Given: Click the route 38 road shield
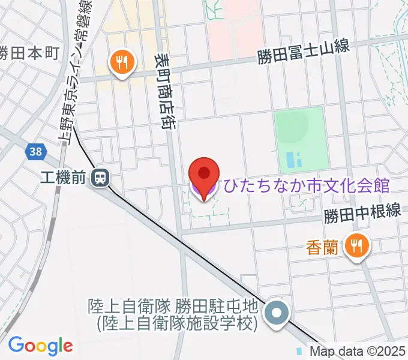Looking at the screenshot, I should pyautogui.click(x=35, y=152).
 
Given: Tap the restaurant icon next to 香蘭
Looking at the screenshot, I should pyautogui.click(x=358, y=245).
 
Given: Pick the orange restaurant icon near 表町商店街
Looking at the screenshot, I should pyautogui.click(x=122, y=62).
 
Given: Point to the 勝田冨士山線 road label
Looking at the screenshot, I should pyautogui.click(x=303, y=56).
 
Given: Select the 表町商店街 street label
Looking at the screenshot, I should pyautogui.click(x=163, y=90).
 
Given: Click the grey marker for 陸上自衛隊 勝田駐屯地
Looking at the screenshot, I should pyautogui.click(x=277, y=314).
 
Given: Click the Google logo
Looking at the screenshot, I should pyautogui.click(x=40, y=345).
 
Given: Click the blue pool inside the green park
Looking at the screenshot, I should pyautogui.click(x=295, y=160).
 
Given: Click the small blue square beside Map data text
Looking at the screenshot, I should pyautogui.click(x=299, y=350).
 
